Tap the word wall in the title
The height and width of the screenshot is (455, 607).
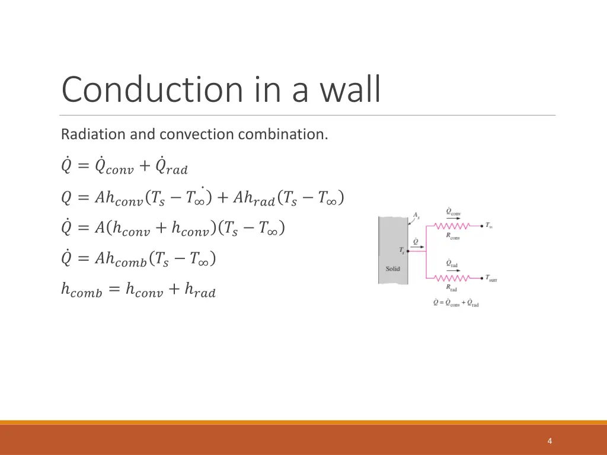point(350,89)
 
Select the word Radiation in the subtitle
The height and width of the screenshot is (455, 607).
point(93,134)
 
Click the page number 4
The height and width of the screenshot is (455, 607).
point(550,441)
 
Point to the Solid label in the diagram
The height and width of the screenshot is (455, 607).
point(393,268)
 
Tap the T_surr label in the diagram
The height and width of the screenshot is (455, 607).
point(491,277)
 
